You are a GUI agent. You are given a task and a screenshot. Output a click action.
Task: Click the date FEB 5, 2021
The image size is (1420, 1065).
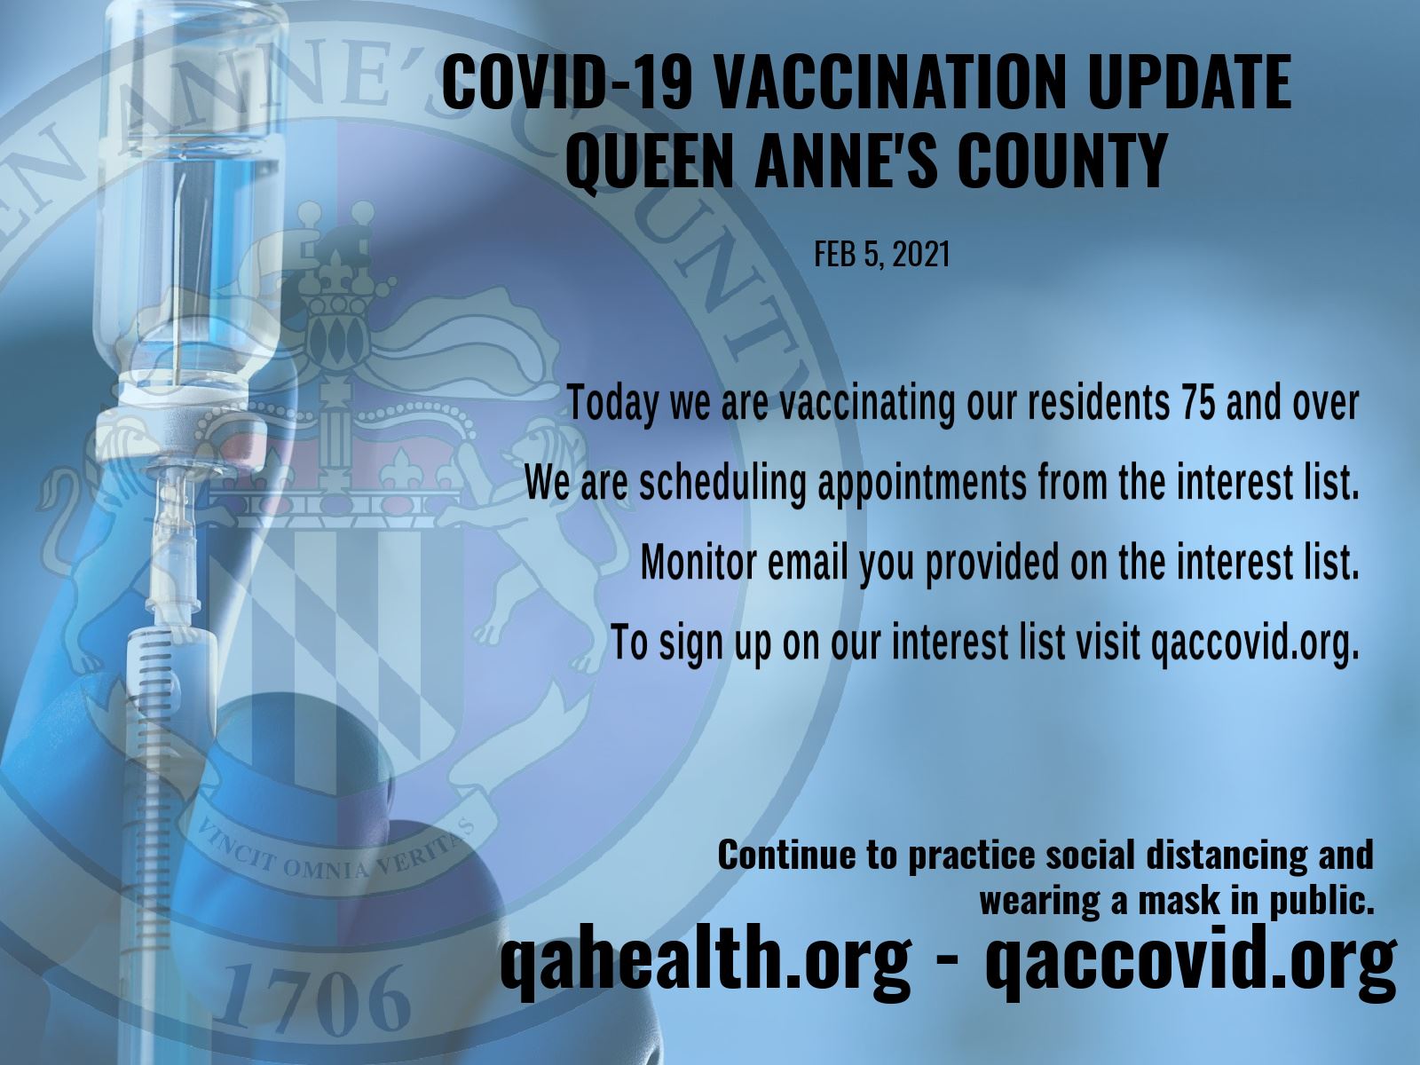point(881,256)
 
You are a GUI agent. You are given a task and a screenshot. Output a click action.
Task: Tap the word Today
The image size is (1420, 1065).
point(613,404)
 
